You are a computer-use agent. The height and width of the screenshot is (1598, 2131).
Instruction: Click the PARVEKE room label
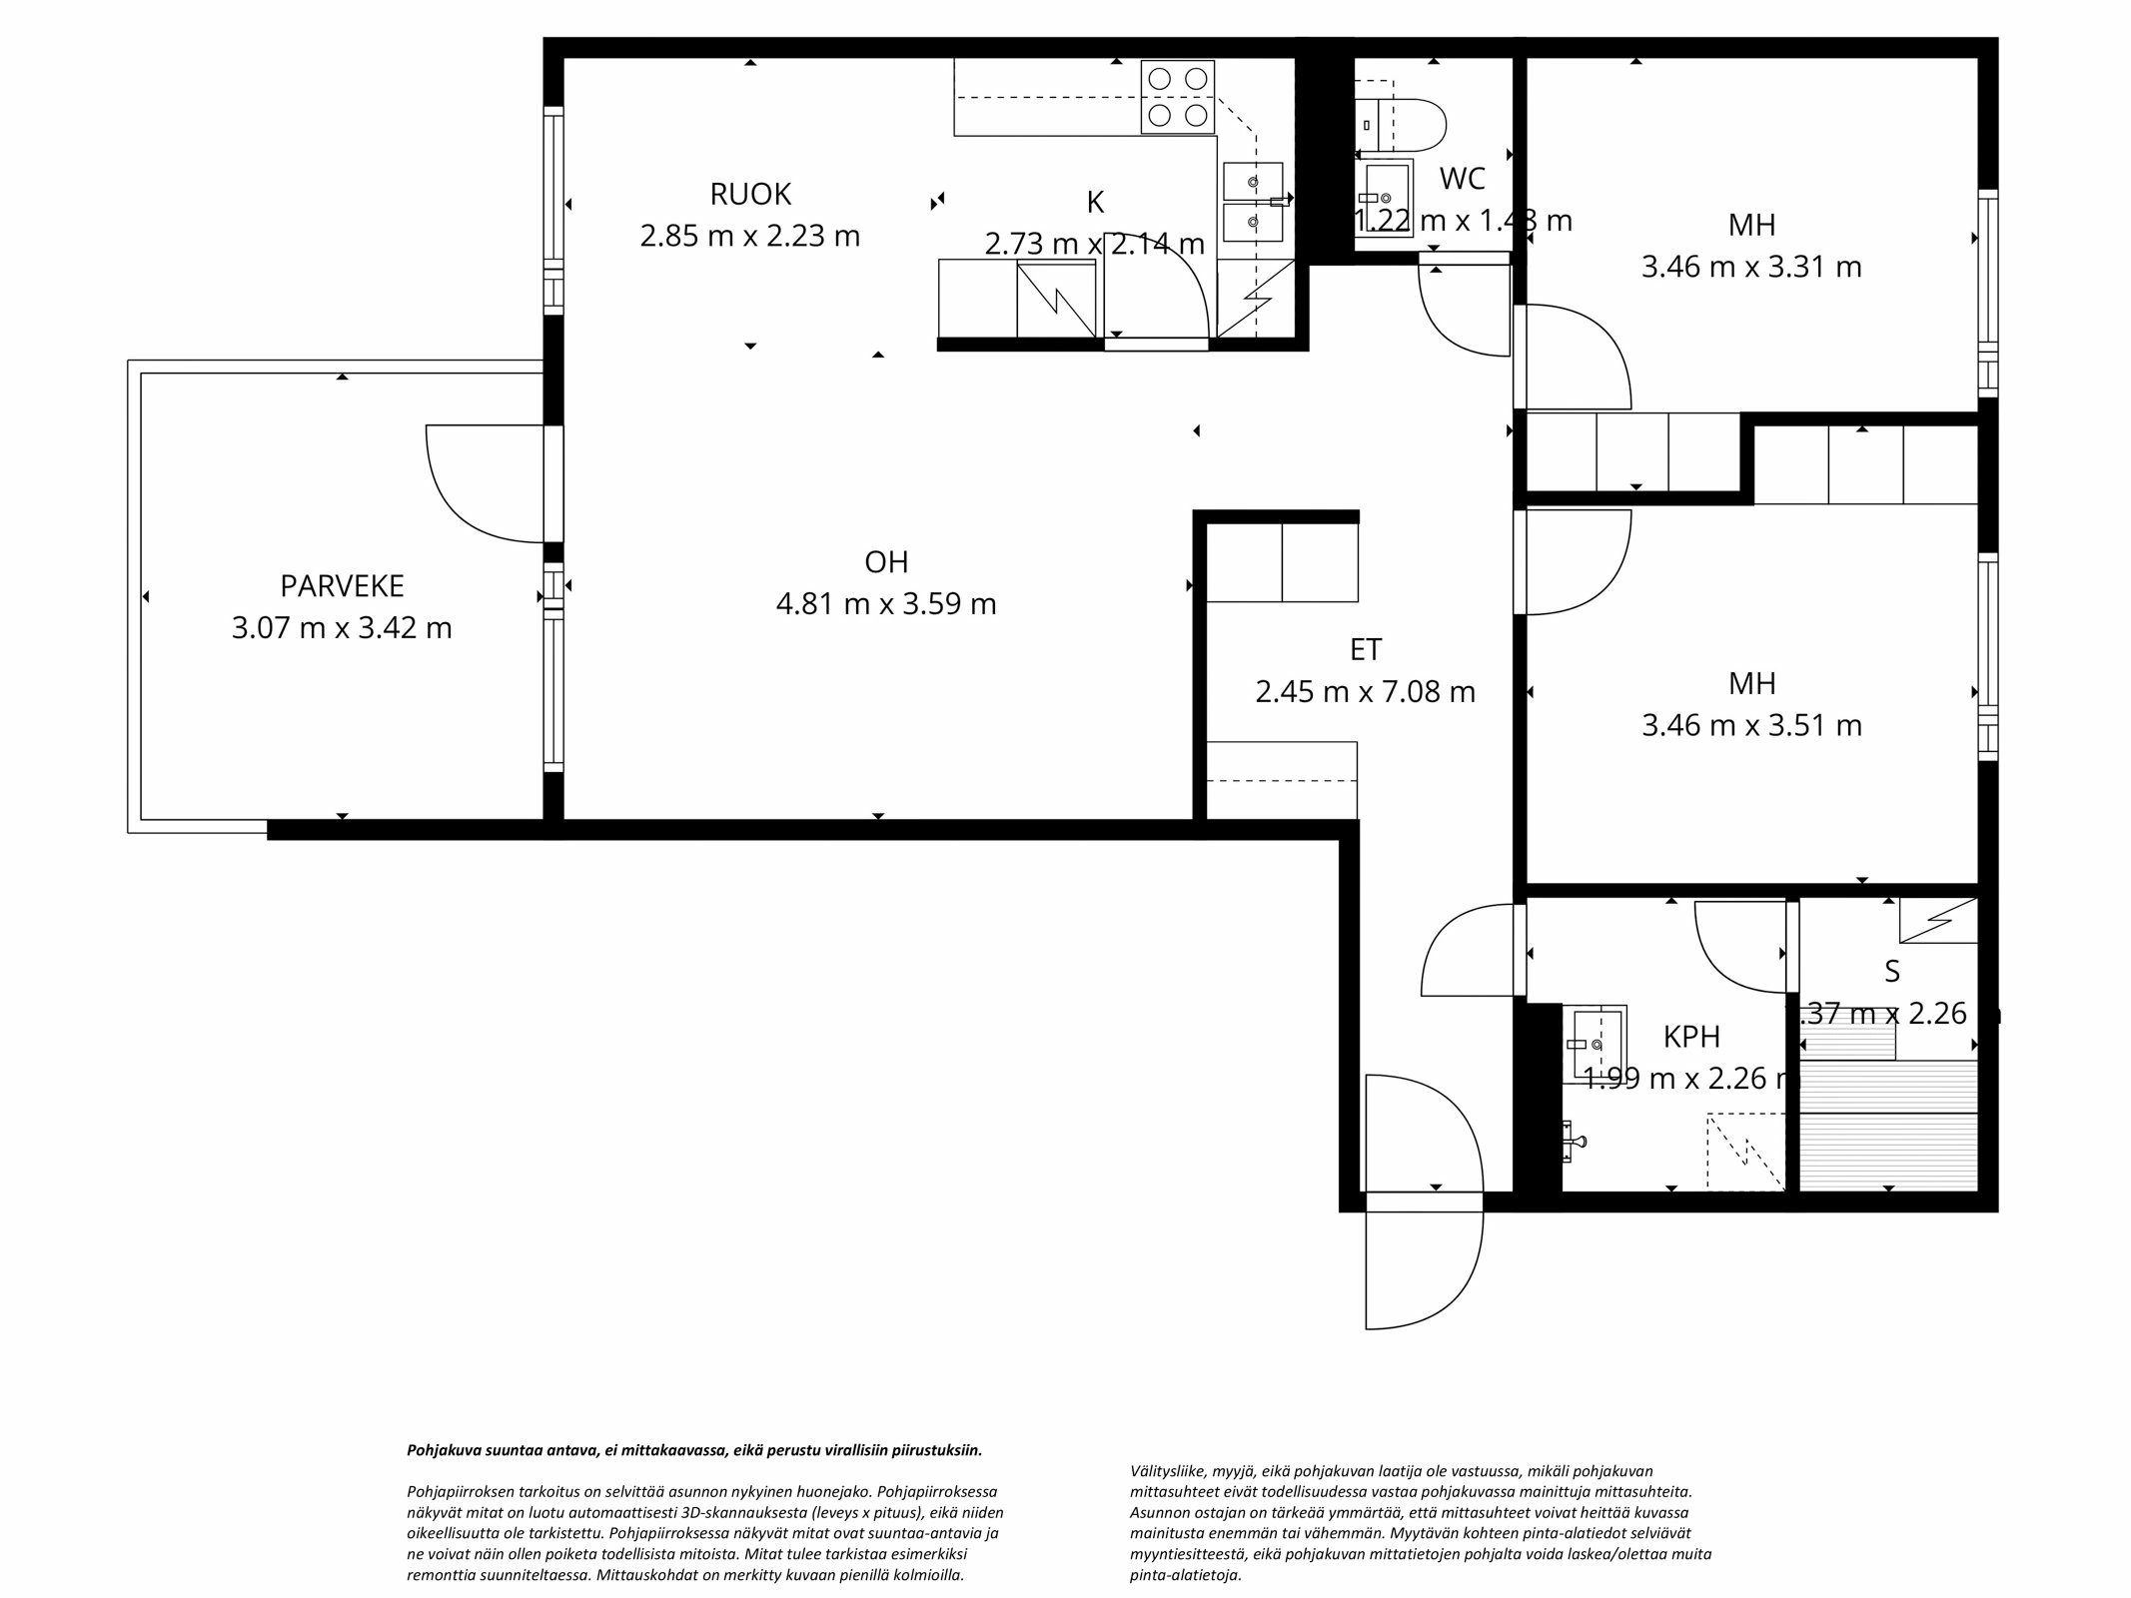pyautogui.click(x=342, y=585)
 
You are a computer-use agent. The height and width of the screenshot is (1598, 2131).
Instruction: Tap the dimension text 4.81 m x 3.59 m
pyautogui.click(x=886, y=604)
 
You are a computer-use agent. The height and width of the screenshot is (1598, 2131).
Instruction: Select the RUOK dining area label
pyautogui.click(x=750, y=194)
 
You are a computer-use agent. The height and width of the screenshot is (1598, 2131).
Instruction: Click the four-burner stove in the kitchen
pyautogui.click(x=1178, y=97)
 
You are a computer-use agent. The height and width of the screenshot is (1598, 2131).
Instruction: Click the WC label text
pyautogui.click(x=1463, y=179)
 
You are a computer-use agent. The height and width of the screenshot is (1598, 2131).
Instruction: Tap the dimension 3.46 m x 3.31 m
pyautogui.click(x=1751, y=267)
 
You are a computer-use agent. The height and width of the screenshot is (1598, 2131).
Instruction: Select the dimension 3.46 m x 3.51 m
pyautogui.click(x=1751, y=725)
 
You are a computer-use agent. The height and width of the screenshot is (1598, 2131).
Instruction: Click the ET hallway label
pyautogui.click(x=1366, y=649)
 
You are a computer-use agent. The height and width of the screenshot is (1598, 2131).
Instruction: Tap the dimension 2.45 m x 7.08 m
pyautogui.click(x=1365, y=691)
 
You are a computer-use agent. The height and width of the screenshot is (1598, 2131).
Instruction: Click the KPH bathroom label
pyautogui.click(x=1691, y=1037)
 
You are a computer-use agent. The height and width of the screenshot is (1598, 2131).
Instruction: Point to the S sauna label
pyautogui.click(x=1891, y=971)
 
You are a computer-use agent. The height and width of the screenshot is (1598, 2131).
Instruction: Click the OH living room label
pyautogui.click(x=886, y=562)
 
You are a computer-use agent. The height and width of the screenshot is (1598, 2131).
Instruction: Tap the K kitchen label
pyautogui.click(x=1095, y=202)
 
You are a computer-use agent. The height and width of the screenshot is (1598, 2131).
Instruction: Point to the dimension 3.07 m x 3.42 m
pyautogui.click(x=342, y=628)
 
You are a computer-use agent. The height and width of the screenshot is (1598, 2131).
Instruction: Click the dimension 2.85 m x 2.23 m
pyautogui.click(x=749, y=236)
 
